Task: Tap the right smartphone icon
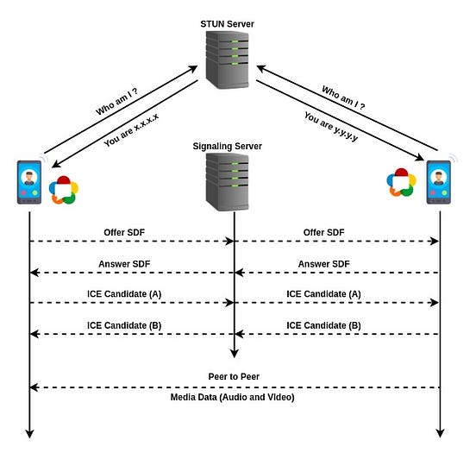coord(438,182)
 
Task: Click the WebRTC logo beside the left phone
coord(63,189)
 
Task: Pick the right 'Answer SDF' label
coord(323,264)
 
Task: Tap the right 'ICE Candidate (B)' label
coord(323,324)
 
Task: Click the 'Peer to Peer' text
coord(235,376)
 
